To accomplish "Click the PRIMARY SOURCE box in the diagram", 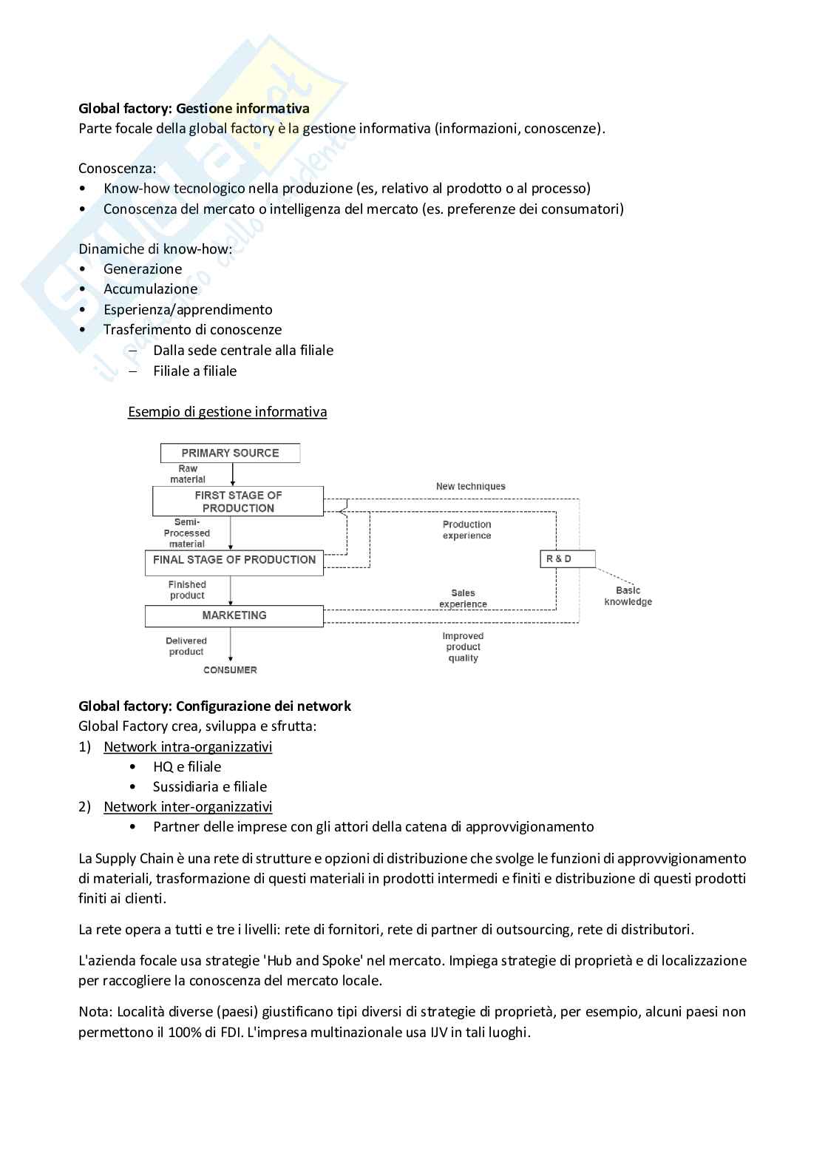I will point(230,453).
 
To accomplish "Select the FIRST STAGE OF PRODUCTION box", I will point(238,502).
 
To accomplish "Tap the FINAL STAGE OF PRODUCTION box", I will point(234,560).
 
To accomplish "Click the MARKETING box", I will point(234,615).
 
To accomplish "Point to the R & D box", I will point(567,558).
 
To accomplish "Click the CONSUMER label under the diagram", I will point(231,670).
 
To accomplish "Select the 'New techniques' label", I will point(471,487).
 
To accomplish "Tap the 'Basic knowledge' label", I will point(628,596).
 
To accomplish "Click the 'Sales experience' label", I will point(464,598).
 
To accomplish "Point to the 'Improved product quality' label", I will point(464,647).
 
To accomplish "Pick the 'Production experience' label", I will point(467,530).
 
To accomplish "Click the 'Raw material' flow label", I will point(188,474).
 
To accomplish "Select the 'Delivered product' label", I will point(186,647).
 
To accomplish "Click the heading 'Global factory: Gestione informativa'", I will point(194,109).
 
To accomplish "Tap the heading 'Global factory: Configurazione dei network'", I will point(215,706).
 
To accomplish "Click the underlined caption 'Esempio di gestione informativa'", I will point(228,411).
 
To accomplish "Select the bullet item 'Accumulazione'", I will point(151,289).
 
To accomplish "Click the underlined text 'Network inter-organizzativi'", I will point(188,807).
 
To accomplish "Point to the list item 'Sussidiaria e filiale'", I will point(210,787).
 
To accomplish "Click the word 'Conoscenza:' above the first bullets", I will point(118,169).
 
